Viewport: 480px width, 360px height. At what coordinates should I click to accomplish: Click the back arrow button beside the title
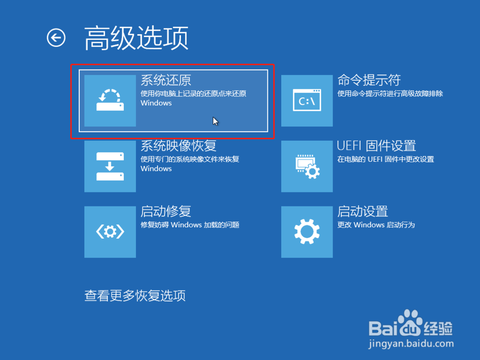56,38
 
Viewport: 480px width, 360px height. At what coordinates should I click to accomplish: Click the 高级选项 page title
136,38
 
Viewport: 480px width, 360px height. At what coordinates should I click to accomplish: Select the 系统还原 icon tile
110,101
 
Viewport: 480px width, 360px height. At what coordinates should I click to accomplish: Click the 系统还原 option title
166,80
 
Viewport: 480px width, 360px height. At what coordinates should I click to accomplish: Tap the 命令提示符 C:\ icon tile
307,101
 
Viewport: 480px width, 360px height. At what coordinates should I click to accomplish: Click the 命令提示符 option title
369,80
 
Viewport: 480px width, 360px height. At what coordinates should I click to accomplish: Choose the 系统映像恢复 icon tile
110,166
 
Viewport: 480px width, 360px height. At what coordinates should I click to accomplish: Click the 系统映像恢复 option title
179,146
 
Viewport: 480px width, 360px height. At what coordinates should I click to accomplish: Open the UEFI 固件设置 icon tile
307,166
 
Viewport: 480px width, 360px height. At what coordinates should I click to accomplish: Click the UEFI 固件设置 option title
376,146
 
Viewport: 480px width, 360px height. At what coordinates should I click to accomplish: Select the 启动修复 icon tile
110,232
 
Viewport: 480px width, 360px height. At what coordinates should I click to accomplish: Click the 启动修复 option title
166,211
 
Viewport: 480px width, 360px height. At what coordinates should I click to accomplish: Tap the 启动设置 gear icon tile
307,232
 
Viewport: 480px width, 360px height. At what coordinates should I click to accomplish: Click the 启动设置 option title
363,211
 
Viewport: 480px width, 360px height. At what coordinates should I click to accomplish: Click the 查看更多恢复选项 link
135,296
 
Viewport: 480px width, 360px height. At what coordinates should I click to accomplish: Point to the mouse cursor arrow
215,121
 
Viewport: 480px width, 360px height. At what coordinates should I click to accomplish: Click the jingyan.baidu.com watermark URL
411,344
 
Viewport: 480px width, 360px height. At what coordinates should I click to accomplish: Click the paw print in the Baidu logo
410,323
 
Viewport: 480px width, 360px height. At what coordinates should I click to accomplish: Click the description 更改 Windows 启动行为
376,225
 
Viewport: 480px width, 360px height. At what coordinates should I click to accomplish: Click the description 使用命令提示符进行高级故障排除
390,94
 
